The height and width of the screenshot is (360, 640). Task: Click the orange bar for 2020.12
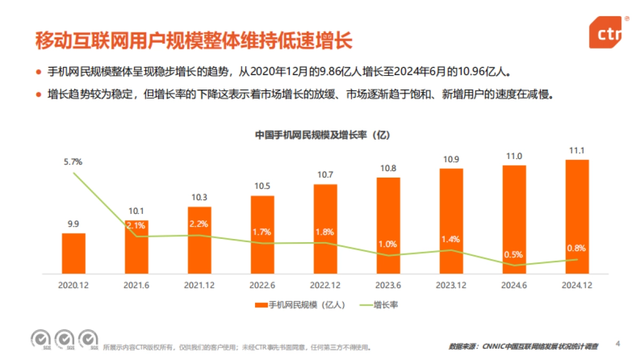click(x=74, y=253)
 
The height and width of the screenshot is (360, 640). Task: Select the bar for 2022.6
click(x=262, y=235)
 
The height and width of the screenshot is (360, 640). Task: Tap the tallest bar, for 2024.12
click(x=577, y=217)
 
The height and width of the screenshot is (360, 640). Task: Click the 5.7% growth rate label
click(x=74, y=162)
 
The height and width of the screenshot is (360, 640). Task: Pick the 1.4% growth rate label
click(x=451, y=239)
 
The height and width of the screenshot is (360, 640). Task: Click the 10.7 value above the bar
click(x=325, y=174)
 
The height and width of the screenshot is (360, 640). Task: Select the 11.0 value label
click(x=514, y=156)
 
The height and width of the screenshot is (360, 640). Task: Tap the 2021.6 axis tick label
click(x=137, y=285)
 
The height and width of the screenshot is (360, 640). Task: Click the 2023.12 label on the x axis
click(x=451, y=285)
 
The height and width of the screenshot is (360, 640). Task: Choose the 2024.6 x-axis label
click(x=514, y=285)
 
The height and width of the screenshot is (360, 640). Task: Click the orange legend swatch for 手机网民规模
click(x=261, y=306)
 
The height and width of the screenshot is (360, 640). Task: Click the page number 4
click(x=618, y=343)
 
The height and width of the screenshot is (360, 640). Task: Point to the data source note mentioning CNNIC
click(x=523, y=347)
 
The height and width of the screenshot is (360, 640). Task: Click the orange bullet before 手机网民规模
click(x=38, y=71)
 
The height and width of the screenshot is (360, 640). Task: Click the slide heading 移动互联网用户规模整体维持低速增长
click(x=194, y=41)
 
